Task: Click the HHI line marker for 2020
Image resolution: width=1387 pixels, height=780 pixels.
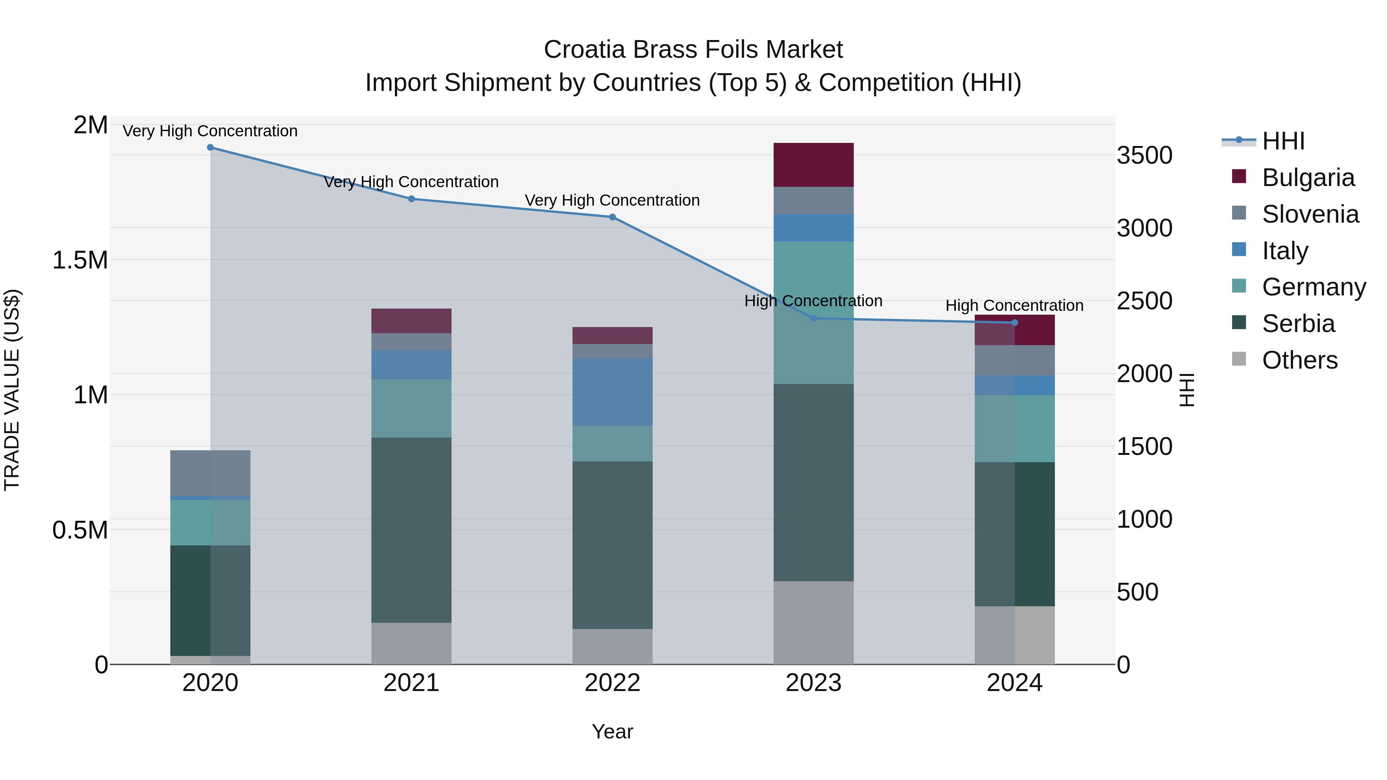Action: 210,148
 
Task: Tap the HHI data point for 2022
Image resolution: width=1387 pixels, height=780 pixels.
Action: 612,217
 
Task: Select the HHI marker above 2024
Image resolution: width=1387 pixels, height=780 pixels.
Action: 1014,322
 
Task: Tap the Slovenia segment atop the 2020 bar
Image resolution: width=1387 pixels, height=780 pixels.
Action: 210,473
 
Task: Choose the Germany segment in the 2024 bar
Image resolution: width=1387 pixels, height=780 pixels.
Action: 1014,428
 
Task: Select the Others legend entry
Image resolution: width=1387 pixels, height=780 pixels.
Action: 1299,360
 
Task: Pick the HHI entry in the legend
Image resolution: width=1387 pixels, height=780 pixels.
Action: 1283,141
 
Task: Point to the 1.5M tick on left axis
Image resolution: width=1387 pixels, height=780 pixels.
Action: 80,260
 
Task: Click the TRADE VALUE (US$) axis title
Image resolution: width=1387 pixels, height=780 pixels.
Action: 12,390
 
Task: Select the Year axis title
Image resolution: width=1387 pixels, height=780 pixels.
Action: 612,731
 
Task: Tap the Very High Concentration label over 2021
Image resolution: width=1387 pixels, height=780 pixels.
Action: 411,182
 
